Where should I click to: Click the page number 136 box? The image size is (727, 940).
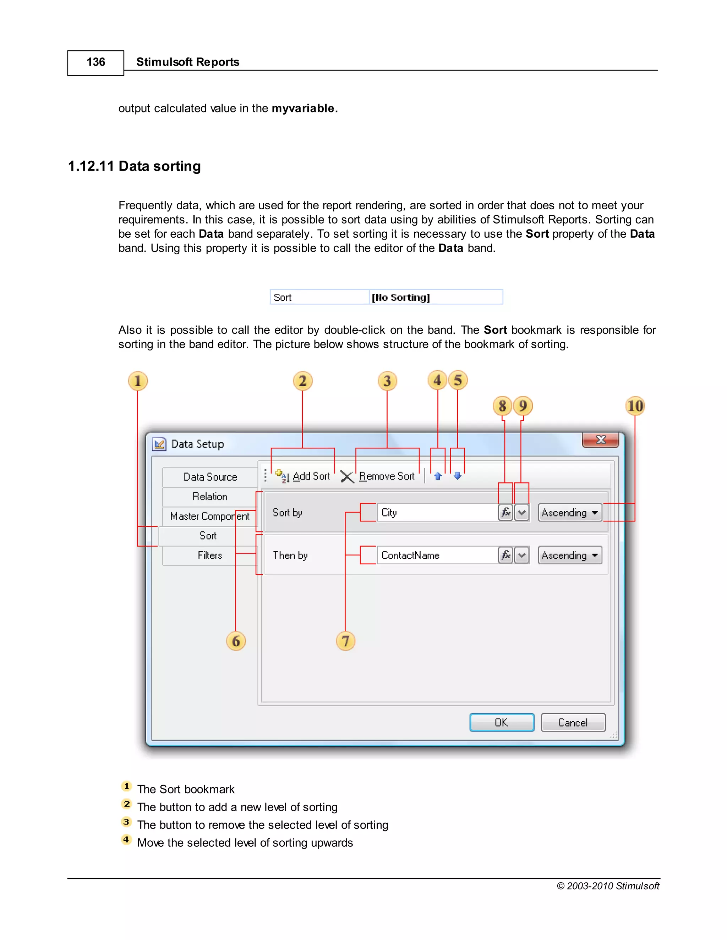[x=95, y=63]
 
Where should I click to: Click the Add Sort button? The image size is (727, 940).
[x=303, y=476]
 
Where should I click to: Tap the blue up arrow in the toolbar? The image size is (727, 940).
[x=438, y=476]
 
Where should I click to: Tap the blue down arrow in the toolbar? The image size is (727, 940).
[x=457, y=476]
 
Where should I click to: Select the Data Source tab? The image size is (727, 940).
[x=210, y=477]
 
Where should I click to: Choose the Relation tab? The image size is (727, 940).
[x=210, y=497]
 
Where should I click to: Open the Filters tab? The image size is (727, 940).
[x=210, y=555]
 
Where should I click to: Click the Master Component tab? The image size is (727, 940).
[x=210, y=516]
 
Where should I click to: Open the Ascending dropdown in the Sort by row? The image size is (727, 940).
[x=569, y=513]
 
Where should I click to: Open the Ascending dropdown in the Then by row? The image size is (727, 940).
[x=569, y=555]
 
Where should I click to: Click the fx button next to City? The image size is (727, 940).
[x=505, y=513]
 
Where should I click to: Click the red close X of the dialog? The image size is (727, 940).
[x=600, y=440]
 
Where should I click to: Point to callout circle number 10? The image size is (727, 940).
[x=635, y=406]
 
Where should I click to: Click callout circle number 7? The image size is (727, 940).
[x=345, y=641]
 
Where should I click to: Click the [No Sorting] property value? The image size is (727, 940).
[x=435, y=297]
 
